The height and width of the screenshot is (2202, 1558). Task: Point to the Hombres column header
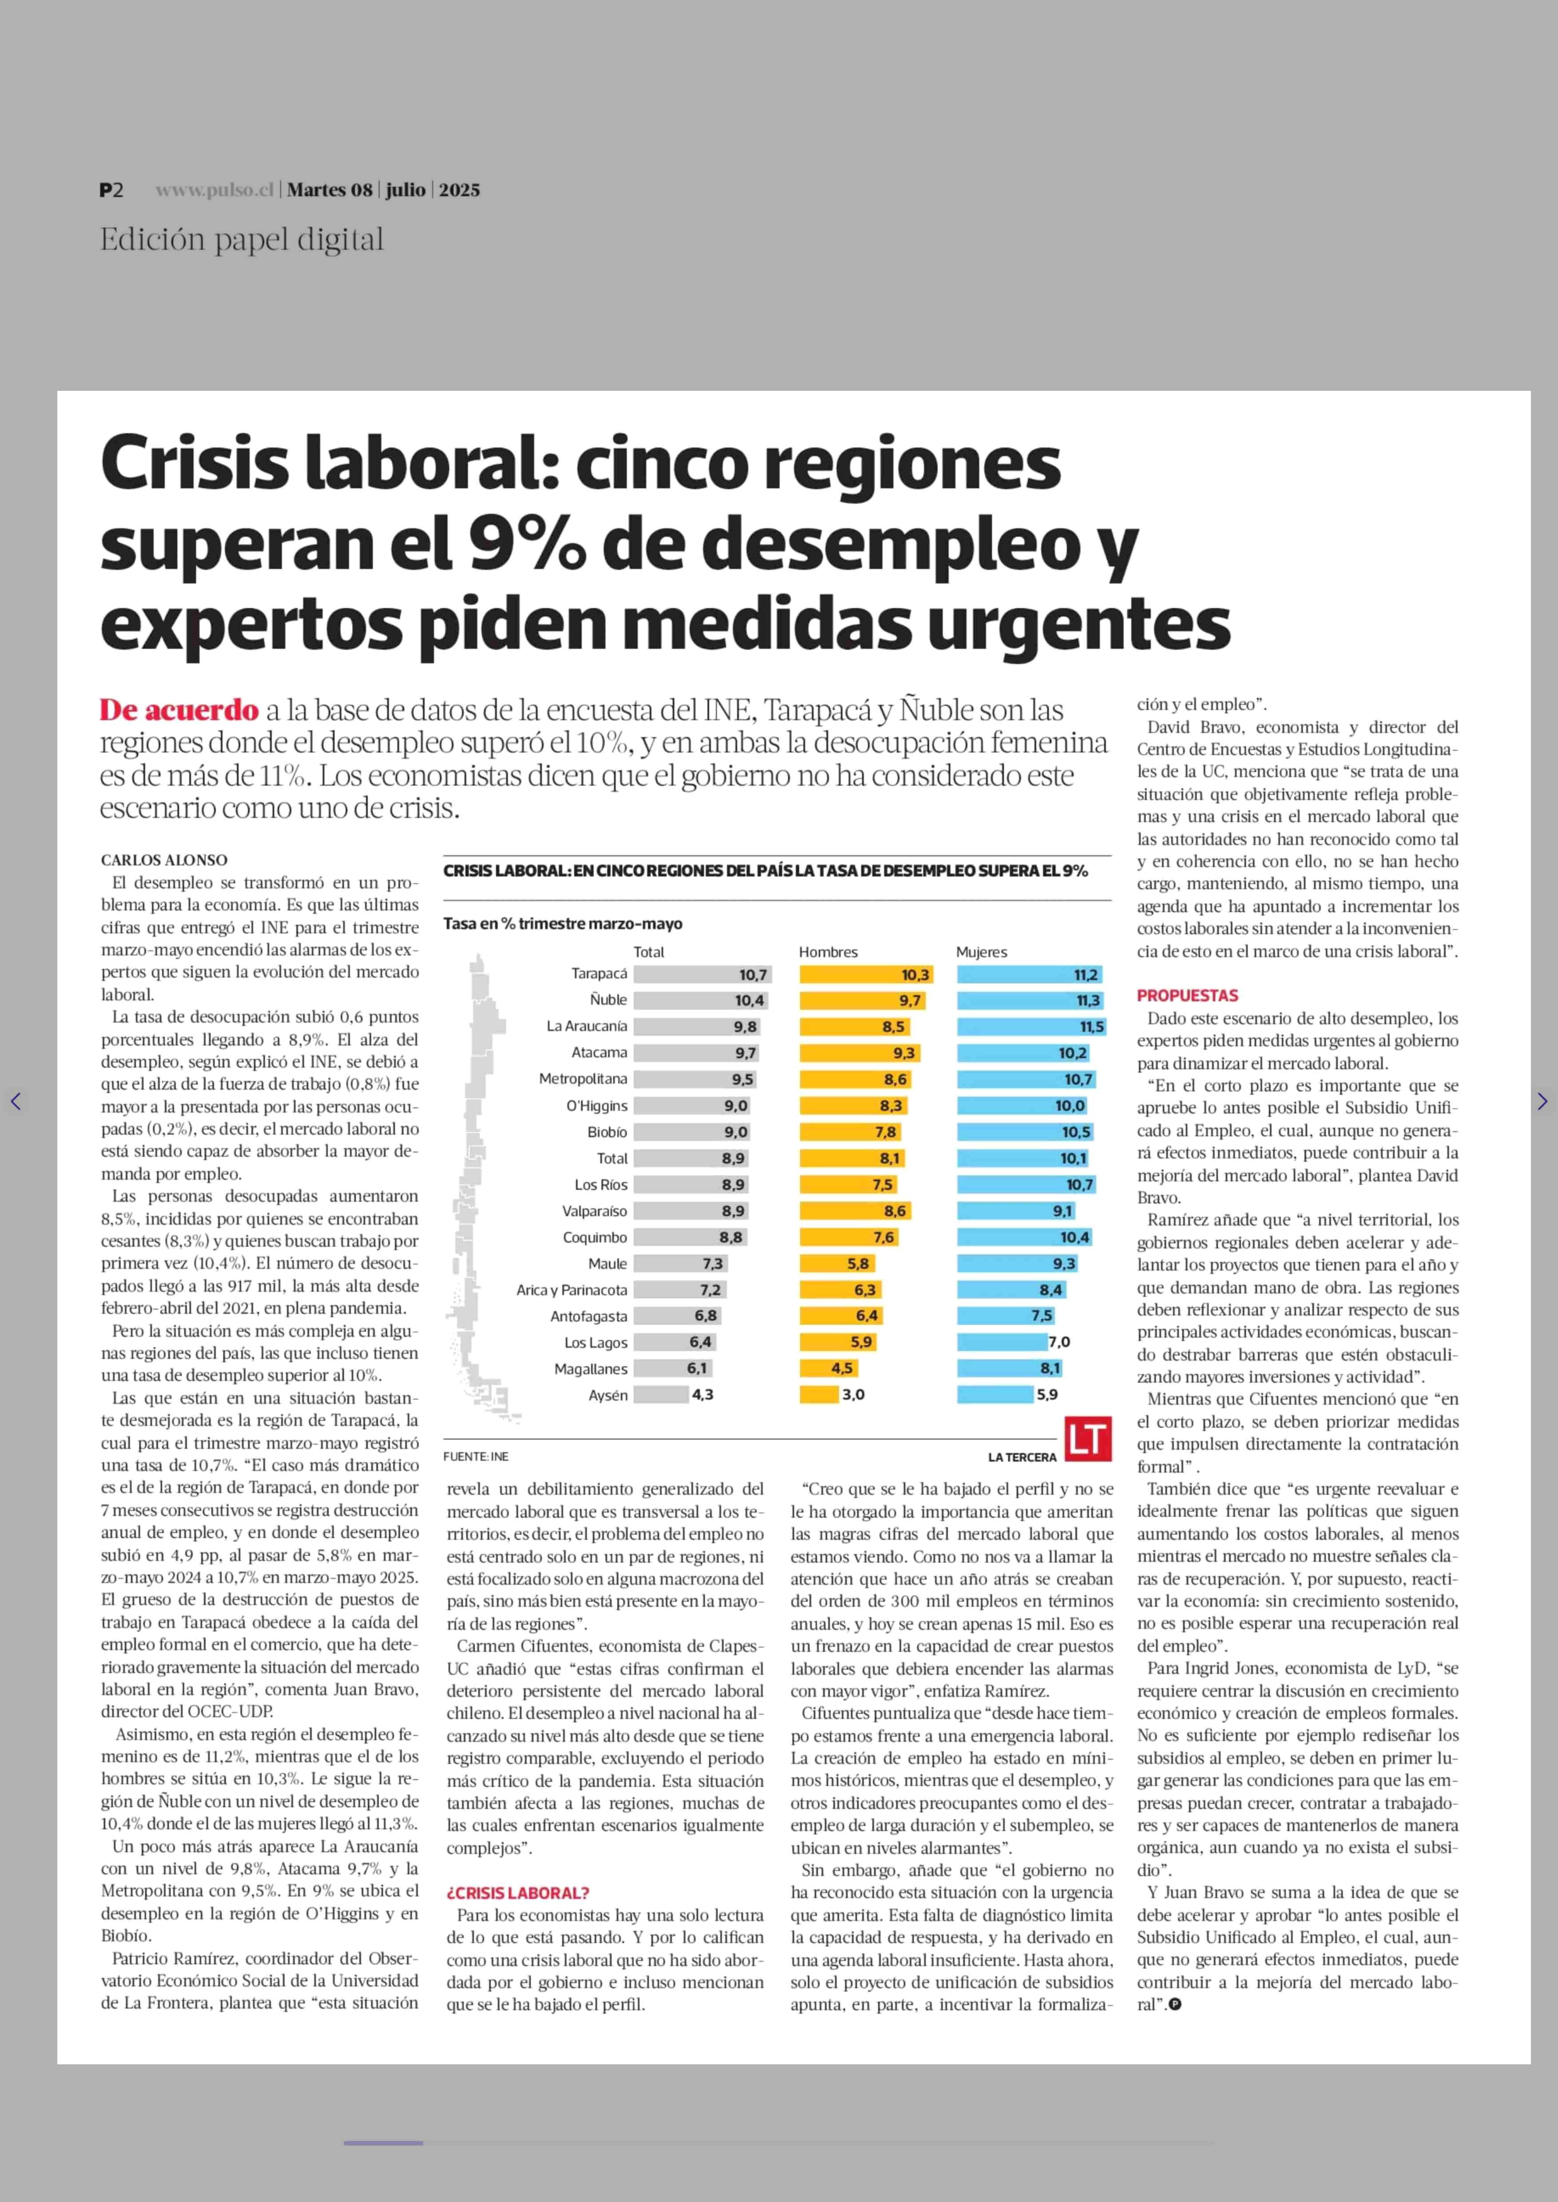pyautogui.click(x=828, y=952)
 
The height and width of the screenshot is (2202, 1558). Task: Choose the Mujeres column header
pyautogui.click(x=982, y=952)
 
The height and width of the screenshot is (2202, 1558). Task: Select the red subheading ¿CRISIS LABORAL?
pyautogui.click(x=518, y=1893)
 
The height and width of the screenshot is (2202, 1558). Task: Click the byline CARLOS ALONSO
pyautogui.click(x=164, y=860)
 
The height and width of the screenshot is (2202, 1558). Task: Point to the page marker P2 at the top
pyautogui.click(x=111, y=190)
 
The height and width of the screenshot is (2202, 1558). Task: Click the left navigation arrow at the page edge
pyautogui.click(x=16, y=1101)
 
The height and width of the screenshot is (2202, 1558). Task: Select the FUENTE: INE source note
pyautogui.click(x=476, y=1456)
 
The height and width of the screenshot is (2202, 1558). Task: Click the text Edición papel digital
pyautogui.click(x=242, y=240)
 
